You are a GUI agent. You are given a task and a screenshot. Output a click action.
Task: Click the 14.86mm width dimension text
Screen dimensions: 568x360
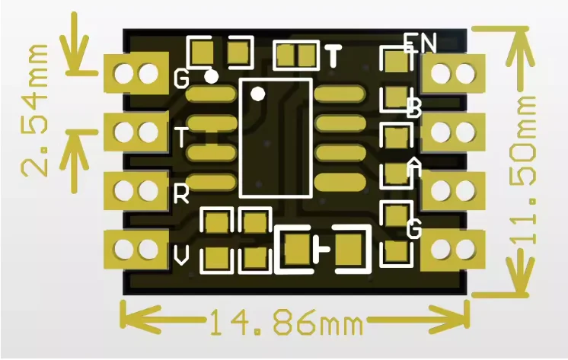[285, 323]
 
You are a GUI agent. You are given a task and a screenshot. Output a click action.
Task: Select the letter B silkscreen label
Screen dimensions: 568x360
[414, 108]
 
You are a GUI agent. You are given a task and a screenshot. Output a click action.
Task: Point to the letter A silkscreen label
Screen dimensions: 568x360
[414, 167]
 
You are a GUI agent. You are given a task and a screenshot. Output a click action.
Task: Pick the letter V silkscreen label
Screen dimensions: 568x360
[181, 256]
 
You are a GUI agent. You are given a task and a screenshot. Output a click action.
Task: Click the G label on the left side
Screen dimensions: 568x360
[181, 78]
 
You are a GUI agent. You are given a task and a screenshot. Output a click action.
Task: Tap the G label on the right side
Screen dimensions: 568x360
[414, 228]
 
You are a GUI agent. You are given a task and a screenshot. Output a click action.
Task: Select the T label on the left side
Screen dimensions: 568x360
[181, 138]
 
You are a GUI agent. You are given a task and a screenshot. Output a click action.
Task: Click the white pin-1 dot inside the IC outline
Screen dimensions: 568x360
[258, 94]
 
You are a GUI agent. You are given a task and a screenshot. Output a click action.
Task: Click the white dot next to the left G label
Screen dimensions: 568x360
[212, 75]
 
